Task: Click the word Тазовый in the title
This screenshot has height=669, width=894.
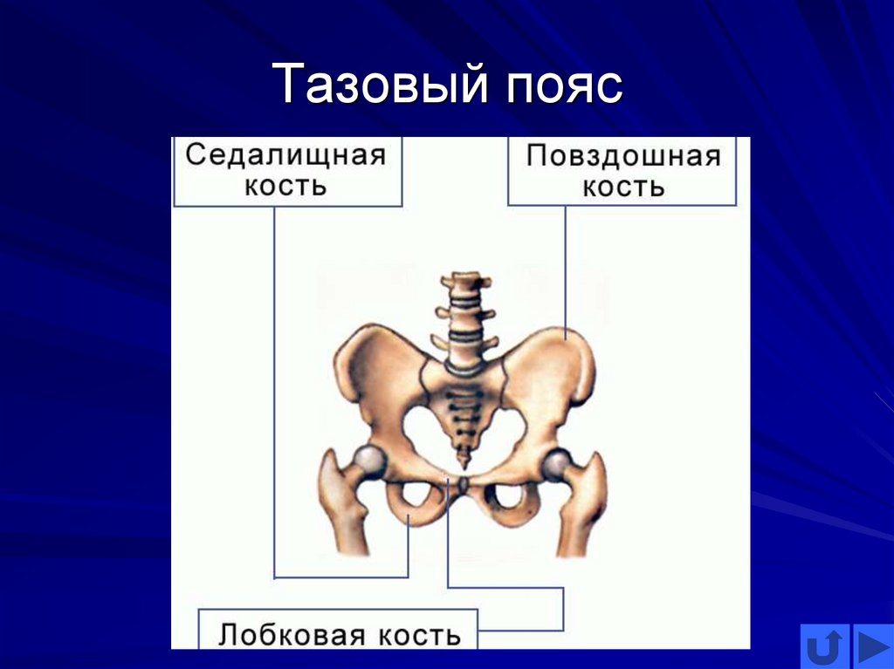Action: tap(379, 86)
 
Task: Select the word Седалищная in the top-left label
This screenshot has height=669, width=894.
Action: tap(285, 155)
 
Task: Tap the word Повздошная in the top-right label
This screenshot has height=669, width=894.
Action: tap(623, 156)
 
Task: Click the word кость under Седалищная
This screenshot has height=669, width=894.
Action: tap(285, 186)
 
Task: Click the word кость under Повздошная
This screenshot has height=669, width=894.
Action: tap(623, 187)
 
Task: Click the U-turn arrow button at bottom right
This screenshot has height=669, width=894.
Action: tap(824, 647)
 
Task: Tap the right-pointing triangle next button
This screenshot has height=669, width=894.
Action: tap(872, 647)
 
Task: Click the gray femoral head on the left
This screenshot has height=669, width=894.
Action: tap(370, 461)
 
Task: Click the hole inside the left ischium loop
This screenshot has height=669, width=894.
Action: tap(409, 496)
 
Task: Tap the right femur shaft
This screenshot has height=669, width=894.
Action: tap(583, 523)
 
